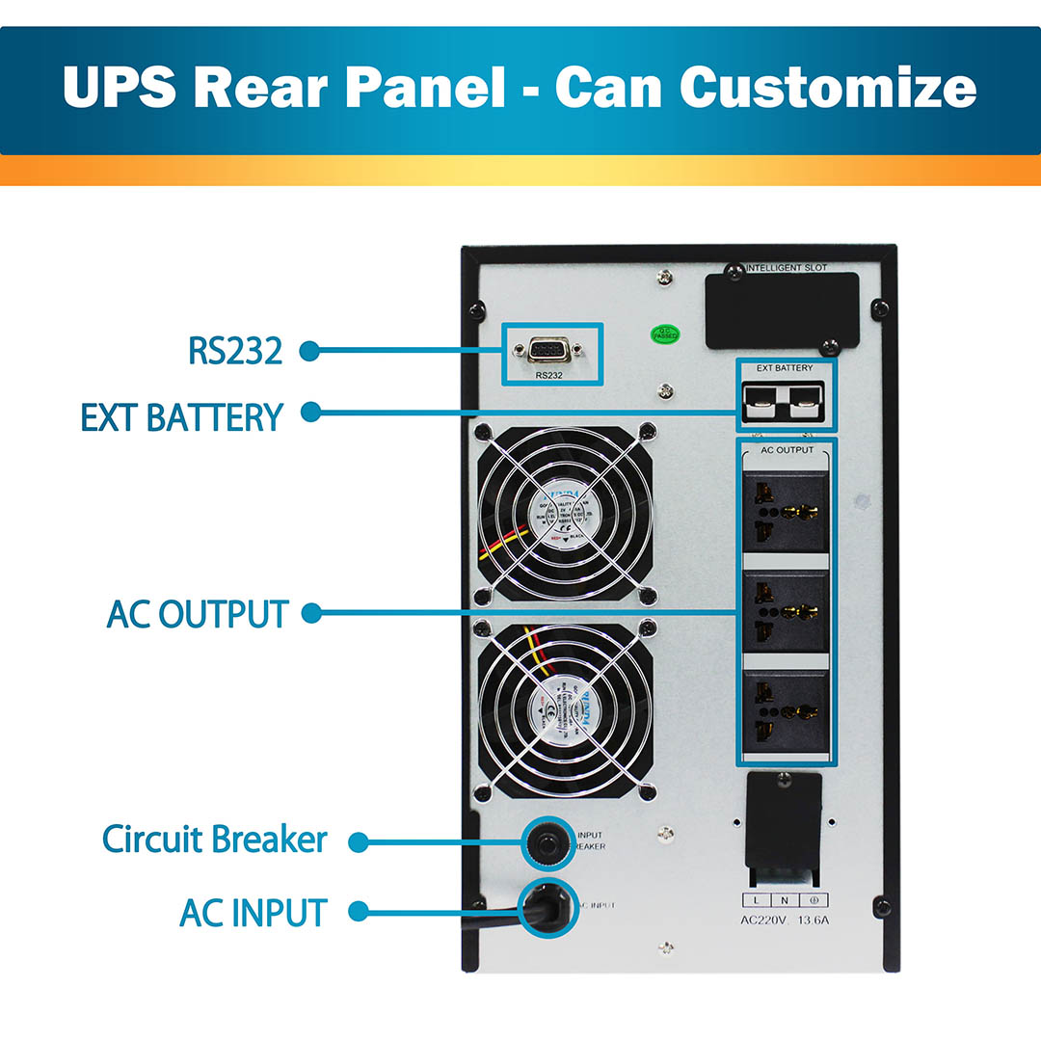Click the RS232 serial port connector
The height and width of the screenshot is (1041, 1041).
click(549, 349)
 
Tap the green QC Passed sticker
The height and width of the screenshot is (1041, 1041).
click(666, 334)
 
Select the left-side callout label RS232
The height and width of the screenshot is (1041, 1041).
click(235, 351)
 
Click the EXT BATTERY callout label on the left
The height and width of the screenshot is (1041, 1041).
click(181, 417)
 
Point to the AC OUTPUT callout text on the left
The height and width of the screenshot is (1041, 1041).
click(198, 614)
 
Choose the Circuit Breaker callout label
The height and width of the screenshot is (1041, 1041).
click(215, 840)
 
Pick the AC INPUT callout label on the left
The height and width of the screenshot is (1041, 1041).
click(254, 912)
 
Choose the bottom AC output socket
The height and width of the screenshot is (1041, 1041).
click(786, 712)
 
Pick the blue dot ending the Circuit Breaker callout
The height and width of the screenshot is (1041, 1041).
click(358, 841)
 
